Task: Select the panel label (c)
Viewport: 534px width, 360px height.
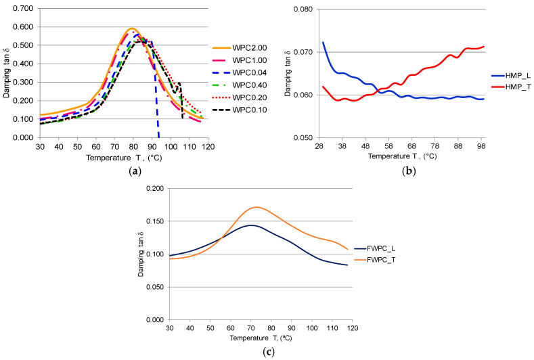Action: [x=267, y=352]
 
